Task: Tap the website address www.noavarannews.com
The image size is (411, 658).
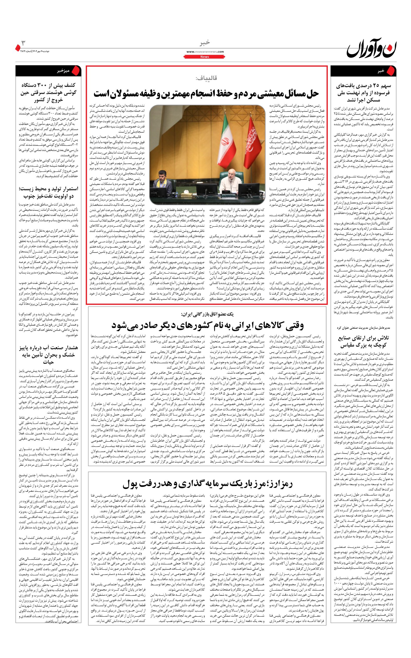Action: [205, 52]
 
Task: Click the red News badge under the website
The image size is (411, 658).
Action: [205, 57]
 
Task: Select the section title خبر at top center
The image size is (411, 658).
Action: [205, 43]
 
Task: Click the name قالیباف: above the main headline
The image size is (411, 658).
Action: [206, 78]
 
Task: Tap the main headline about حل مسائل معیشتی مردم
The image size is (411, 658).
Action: [206, 94]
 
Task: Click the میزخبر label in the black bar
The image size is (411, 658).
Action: [63, 71]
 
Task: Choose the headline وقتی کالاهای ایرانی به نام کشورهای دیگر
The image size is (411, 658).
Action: [207, 325]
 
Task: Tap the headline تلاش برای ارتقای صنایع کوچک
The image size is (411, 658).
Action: [363, 342]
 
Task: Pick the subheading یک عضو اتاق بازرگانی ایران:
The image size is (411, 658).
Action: [207, 314]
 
